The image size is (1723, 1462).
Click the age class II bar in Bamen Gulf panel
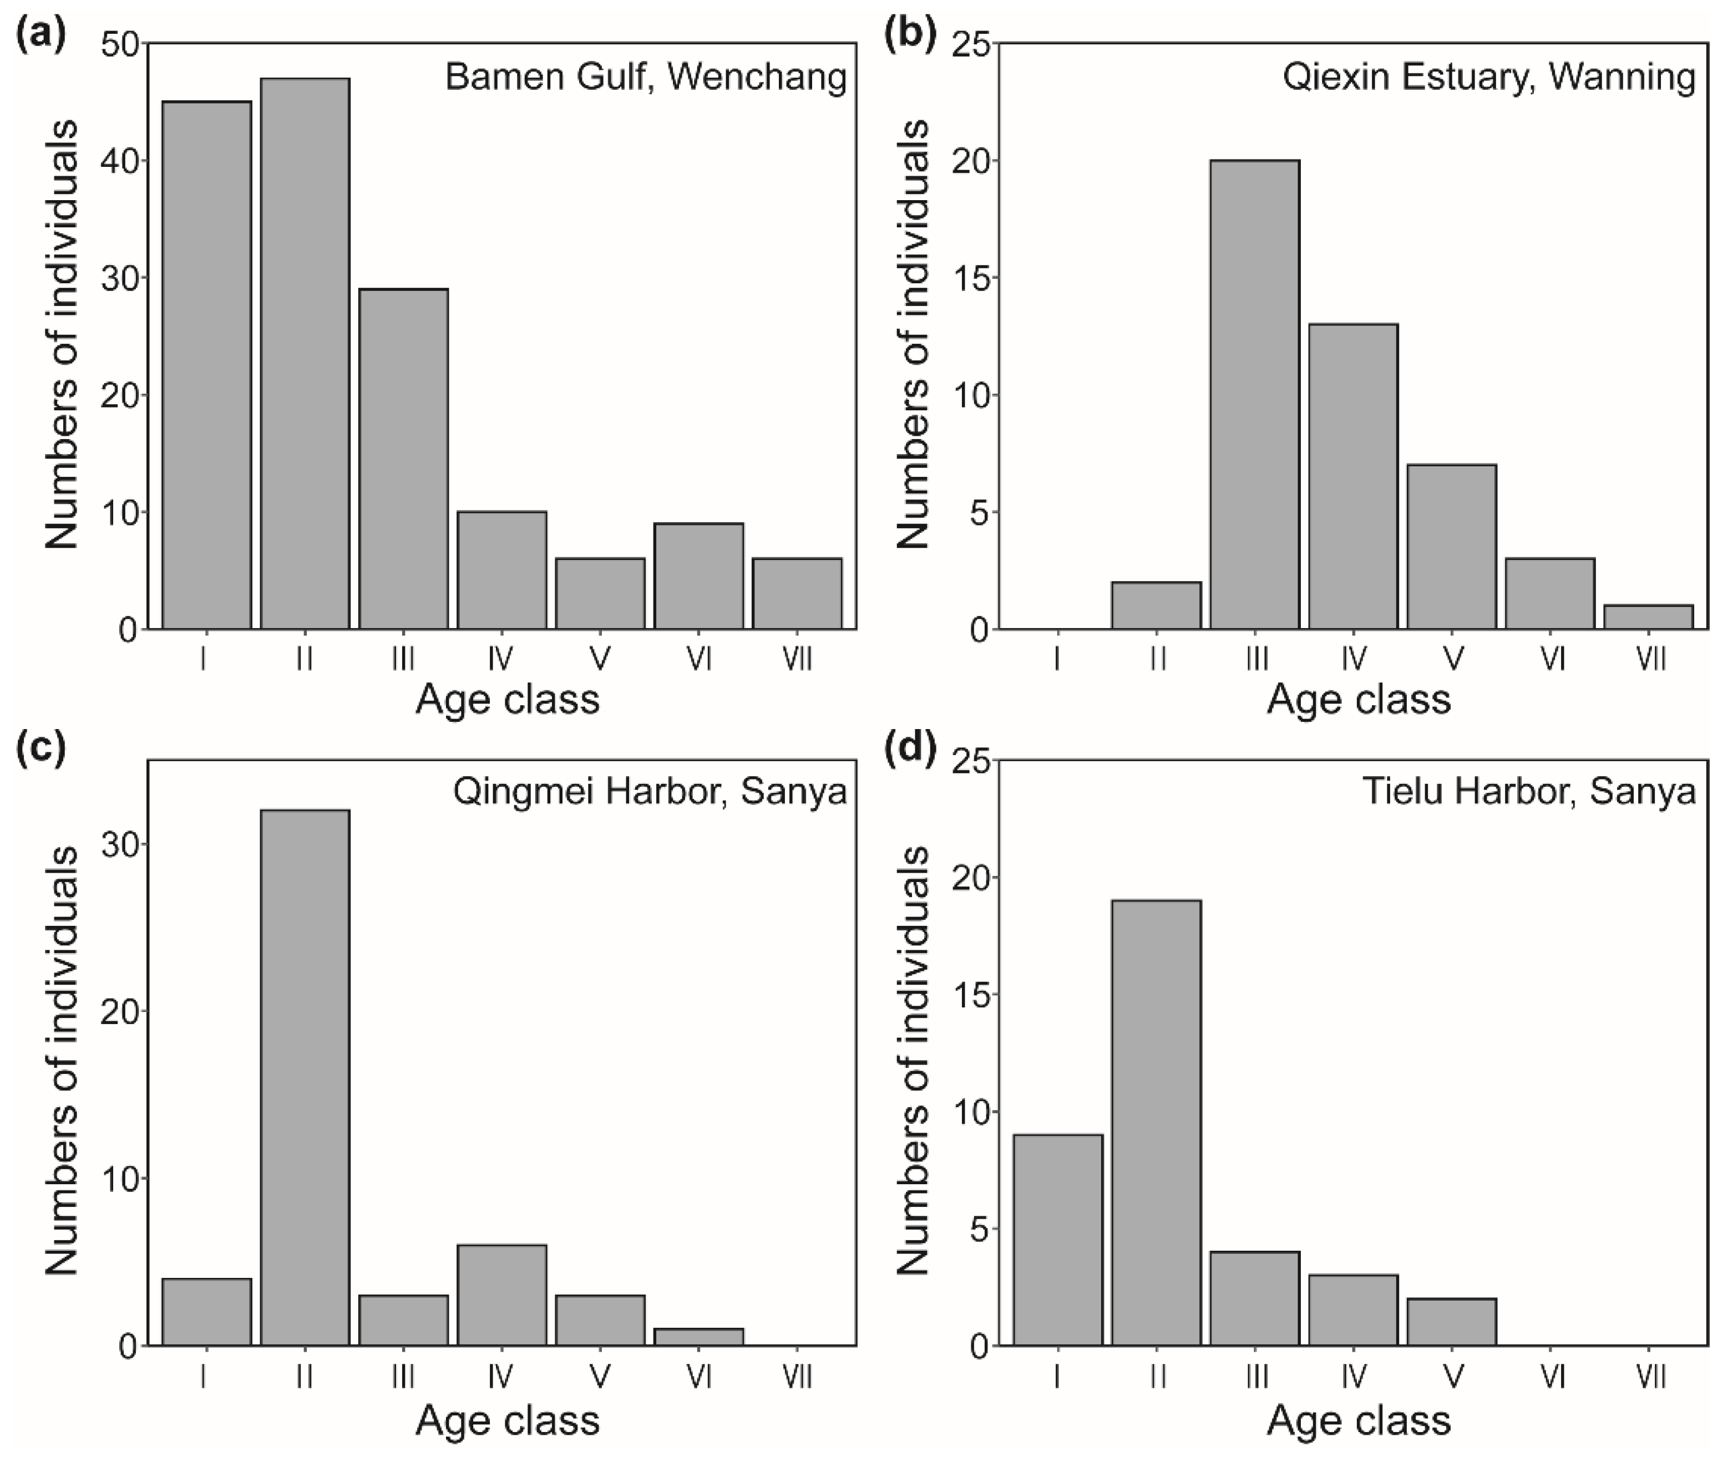(305, 353)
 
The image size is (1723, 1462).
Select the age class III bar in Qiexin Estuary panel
(1254, 395)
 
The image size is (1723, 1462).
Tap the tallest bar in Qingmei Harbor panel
(305, 1077)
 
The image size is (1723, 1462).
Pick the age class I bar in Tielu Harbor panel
(1057, 1240)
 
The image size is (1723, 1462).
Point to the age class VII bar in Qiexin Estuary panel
(1648, 618)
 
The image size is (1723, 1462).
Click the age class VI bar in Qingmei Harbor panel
(698, 1337)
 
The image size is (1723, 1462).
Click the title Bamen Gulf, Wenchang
(645, 77)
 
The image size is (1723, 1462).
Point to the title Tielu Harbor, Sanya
(1528, 792)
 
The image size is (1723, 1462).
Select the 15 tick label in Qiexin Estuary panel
(970, 278)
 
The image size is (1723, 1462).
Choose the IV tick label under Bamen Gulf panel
(500, 660)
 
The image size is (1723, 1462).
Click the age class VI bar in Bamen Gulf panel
(698, 576)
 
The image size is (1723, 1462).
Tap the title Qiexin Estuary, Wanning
(1488, 77)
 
